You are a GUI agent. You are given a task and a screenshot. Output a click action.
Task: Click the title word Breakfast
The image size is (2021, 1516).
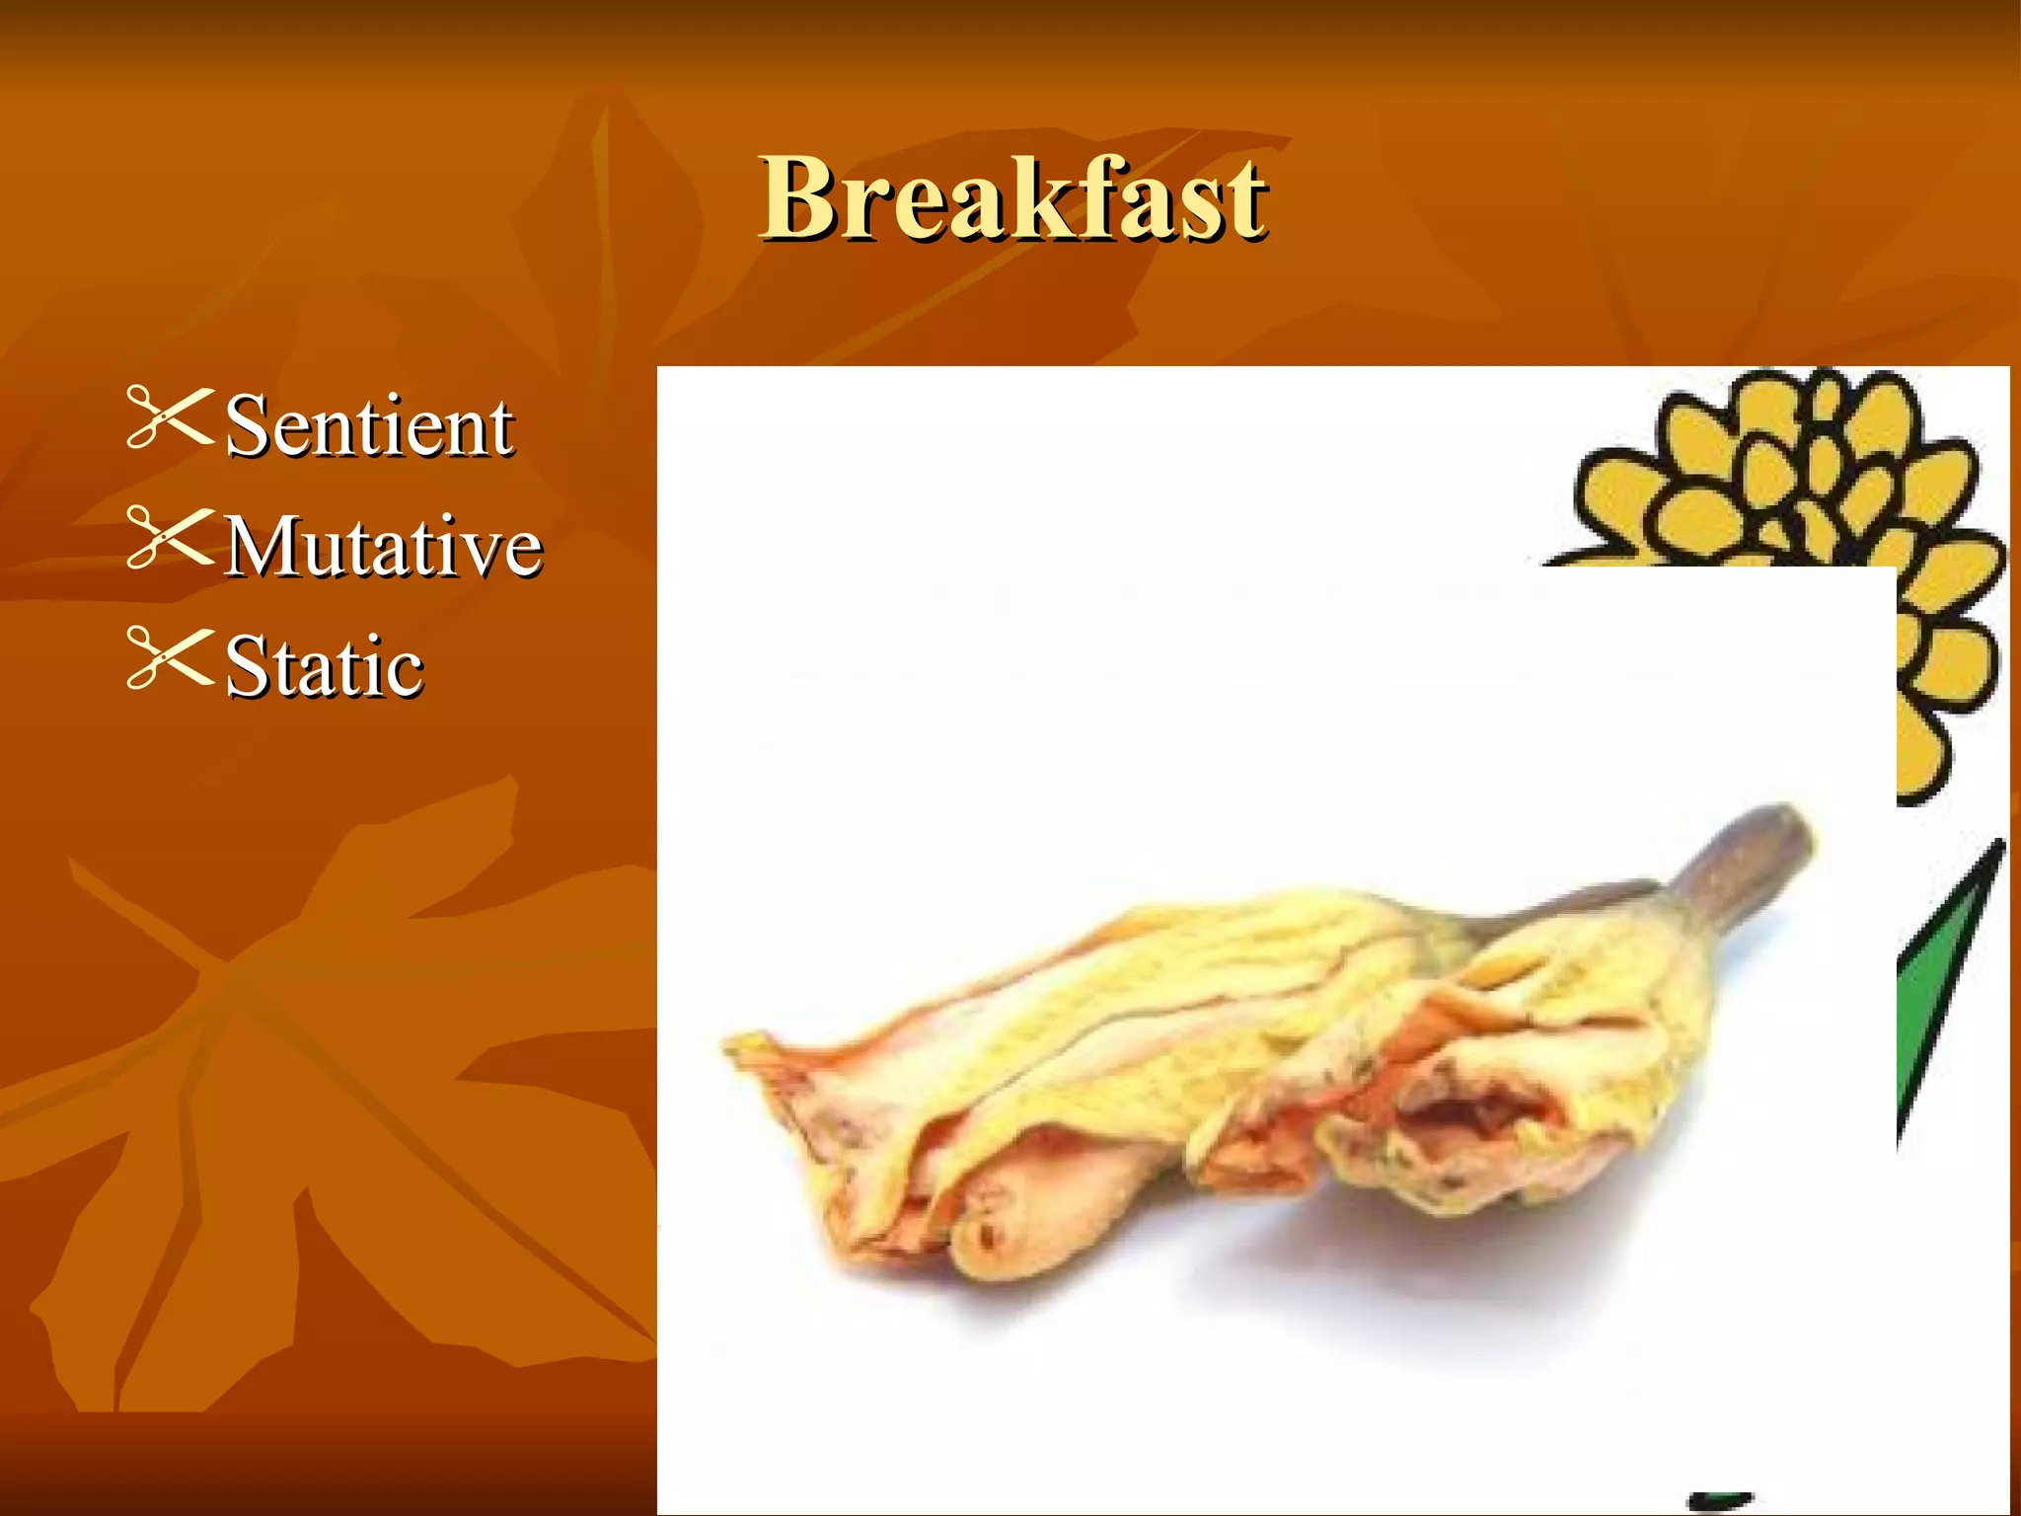pyautogui.click(x=1012, y=199)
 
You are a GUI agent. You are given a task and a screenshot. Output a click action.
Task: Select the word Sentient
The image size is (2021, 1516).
pyautogui.click(x=368, y=426)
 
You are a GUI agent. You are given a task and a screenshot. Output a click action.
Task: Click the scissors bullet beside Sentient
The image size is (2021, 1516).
pyautogui.click(x=170, y=418)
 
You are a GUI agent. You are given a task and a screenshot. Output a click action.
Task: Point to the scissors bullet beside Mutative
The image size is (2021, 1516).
pyautogui.click(x=170, y=538)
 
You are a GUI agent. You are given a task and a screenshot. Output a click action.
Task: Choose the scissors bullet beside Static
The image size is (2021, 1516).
pyautogui.click(x=170, y=658)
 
